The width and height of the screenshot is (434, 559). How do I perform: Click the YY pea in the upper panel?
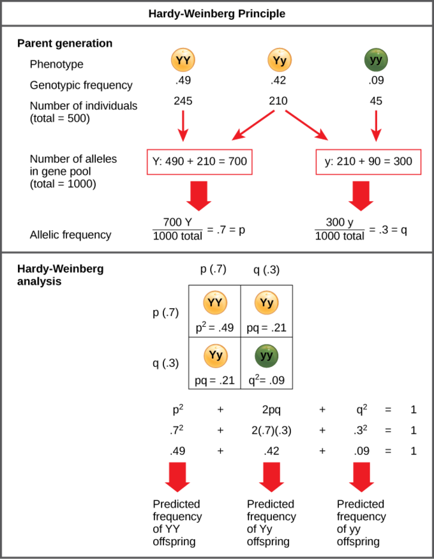[x=183, y=60]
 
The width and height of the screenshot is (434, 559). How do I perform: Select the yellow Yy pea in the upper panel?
[x=280, y=60]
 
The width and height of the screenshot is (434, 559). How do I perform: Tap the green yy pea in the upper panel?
[x=376, y=60]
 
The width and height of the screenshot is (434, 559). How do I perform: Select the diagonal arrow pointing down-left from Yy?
[x=253, y=125]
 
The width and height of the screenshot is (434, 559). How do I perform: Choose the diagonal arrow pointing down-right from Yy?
[x=307, y=125]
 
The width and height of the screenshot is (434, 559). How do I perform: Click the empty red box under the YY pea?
[x=199, y=162]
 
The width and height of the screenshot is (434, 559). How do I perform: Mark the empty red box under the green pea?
[x=368, y=162]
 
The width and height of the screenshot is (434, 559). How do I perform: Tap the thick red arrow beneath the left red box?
[x=199, y=195]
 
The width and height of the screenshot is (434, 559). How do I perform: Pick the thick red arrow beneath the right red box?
[x=361, y=195]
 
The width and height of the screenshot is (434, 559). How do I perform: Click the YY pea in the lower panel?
[x=215, y=302]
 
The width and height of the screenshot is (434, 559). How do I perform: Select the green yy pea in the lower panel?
[x=267, y=356]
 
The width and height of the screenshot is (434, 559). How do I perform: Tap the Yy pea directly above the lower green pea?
[x=267, y=302]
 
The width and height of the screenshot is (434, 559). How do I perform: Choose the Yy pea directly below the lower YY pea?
[x=216, y=356]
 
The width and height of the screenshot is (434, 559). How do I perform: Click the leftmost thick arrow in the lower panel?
[x=177, y=477]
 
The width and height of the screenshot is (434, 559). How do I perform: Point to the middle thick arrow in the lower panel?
[x=271, y=477]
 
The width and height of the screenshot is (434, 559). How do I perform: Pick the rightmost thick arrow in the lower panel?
[x=361, y=477]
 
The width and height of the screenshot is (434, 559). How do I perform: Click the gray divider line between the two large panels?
[x=217, y=253]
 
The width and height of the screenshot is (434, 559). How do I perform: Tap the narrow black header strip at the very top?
[x=217, y=13]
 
